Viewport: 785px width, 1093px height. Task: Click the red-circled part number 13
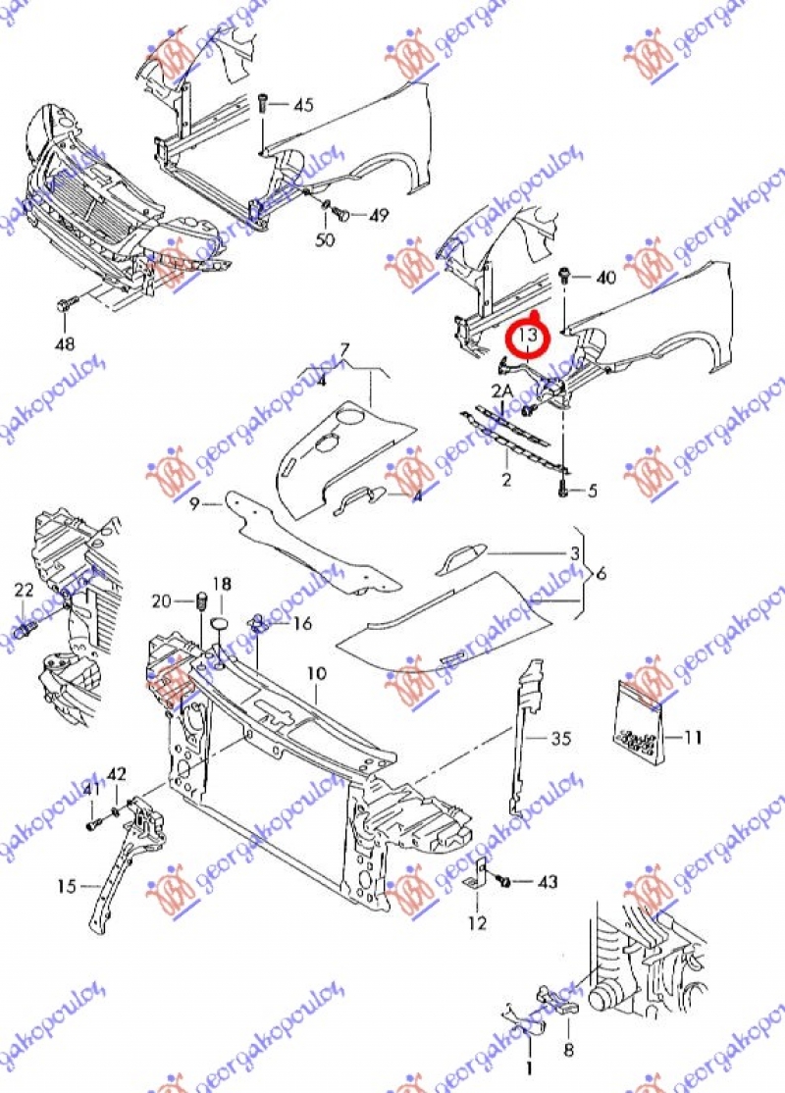528,337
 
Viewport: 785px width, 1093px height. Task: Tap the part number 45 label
303,104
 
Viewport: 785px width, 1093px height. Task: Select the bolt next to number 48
65,305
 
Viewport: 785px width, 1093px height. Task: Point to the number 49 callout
379,216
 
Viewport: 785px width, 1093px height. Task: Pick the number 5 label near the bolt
592,491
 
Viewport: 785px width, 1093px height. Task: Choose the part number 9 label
194,504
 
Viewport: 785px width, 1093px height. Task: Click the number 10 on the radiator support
315,673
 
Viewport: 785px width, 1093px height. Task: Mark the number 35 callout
560,738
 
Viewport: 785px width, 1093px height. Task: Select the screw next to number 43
505,881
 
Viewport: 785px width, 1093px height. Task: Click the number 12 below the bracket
477,923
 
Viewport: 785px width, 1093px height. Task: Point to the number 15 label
66,887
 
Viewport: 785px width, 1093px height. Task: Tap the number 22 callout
24,590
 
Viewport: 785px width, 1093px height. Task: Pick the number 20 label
161,600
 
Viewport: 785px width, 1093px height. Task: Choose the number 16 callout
301,623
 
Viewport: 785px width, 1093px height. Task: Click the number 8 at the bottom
568,1049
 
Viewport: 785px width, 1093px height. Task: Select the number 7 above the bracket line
344,350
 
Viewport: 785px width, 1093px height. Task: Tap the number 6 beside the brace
601,573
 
